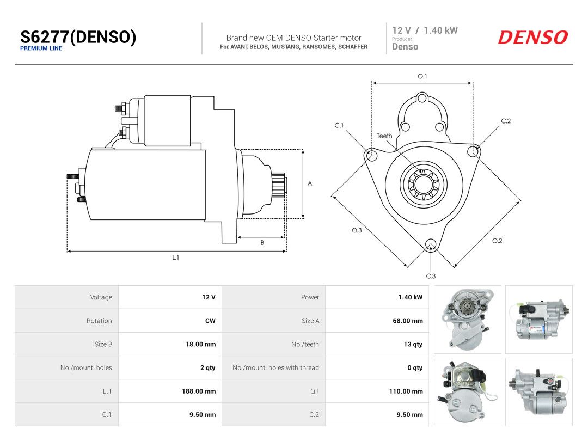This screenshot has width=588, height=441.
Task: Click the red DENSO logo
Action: coord(533,38)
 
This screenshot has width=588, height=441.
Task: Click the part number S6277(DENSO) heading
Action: coord(78,37)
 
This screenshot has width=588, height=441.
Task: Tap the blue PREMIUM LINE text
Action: coord(41,48)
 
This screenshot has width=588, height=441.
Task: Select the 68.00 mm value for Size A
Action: coord(408,321)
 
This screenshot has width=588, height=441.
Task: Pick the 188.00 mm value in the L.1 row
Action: coord(199,391)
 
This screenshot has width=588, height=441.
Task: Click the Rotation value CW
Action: coord(210,321)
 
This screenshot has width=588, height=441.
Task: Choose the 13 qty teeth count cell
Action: coord(413,345)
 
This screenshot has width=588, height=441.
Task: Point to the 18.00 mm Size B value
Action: coord(200,345)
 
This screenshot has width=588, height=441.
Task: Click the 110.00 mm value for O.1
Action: coord(406,391)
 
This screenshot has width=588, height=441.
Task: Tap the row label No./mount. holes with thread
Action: coord(275,368)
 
